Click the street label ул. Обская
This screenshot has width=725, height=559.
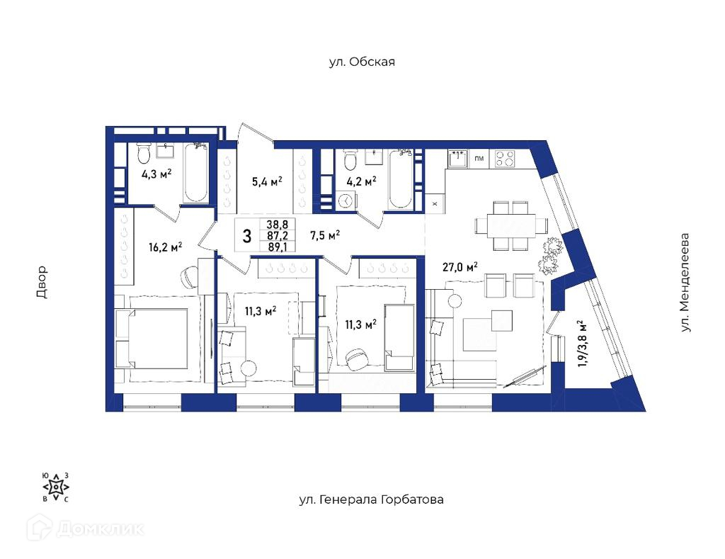[x=362, y=62]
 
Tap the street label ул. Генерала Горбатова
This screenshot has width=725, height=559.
[x=371, y=499]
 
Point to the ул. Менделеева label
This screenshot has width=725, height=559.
[x=685, y=282]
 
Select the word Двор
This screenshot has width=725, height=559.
[x=42, y=282]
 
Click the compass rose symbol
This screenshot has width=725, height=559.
[x=56, y=487]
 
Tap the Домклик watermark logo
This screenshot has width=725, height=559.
[x=85, y=529]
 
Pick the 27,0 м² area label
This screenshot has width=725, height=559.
[x=460, y=268]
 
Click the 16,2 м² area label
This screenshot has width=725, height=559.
[x=165, y=247]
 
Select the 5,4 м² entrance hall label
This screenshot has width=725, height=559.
[x=267, y=181]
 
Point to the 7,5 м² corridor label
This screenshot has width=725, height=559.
[x=325, y=235]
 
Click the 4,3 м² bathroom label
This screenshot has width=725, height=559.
[x=156, y=174]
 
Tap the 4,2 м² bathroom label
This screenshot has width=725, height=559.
[x=361, y=181]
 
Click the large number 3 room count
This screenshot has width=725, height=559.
[x=247, y=237]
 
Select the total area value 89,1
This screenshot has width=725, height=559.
[x=278, y=247]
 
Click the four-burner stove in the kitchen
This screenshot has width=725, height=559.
[x=505, y=159]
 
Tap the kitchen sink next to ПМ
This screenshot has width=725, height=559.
[x=458, y=159]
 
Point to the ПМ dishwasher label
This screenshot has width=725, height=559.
[x=479, y=159]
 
